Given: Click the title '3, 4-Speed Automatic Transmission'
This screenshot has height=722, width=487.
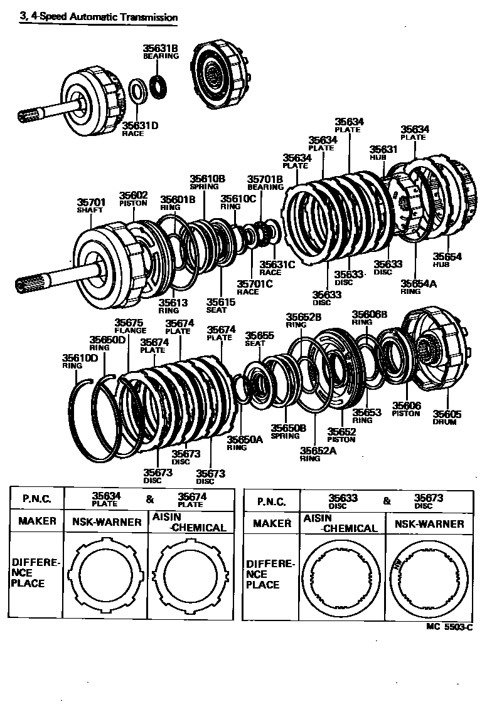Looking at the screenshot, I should click(99, 18).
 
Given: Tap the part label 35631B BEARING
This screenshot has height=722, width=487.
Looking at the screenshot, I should click(161, 51).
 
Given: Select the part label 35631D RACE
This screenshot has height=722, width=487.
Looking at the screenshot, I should click(140, 128).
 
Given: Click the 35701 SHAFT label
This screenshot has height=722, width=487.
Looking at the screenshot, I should click(91, 206).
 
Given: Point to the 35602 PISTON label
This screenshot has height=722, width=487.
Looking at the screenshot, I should click(134, 198).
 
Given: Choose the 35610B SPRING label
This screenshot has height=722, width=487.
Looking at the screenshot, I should click(208, 182).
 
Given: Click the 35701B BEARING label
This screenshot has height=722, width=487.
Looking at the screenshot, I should click(265, 182).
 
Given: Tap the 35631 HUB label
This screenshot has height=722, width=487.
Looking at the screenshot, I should click(383, 152).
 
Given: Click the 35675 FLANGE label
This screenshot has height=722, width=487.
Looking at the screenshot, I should click(130, 327).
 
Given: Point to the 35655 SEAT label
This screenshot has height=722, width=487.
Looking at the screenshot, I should click(259, 339).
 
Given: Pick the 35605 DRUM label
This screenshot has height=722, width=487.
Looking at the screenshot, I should click(447, 417).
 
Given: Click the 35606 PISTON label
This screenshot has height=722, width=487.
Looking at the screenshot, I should click(406, 410).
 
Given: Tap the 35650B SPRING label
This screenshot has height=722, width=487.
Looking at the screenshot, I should click(288, 432).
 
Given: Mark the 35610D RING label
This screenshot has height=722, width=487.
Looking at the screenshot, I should click(80, 362).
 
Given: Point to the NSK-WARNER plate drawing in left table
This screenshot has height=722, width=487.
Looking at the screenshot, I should click(109, 574).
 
